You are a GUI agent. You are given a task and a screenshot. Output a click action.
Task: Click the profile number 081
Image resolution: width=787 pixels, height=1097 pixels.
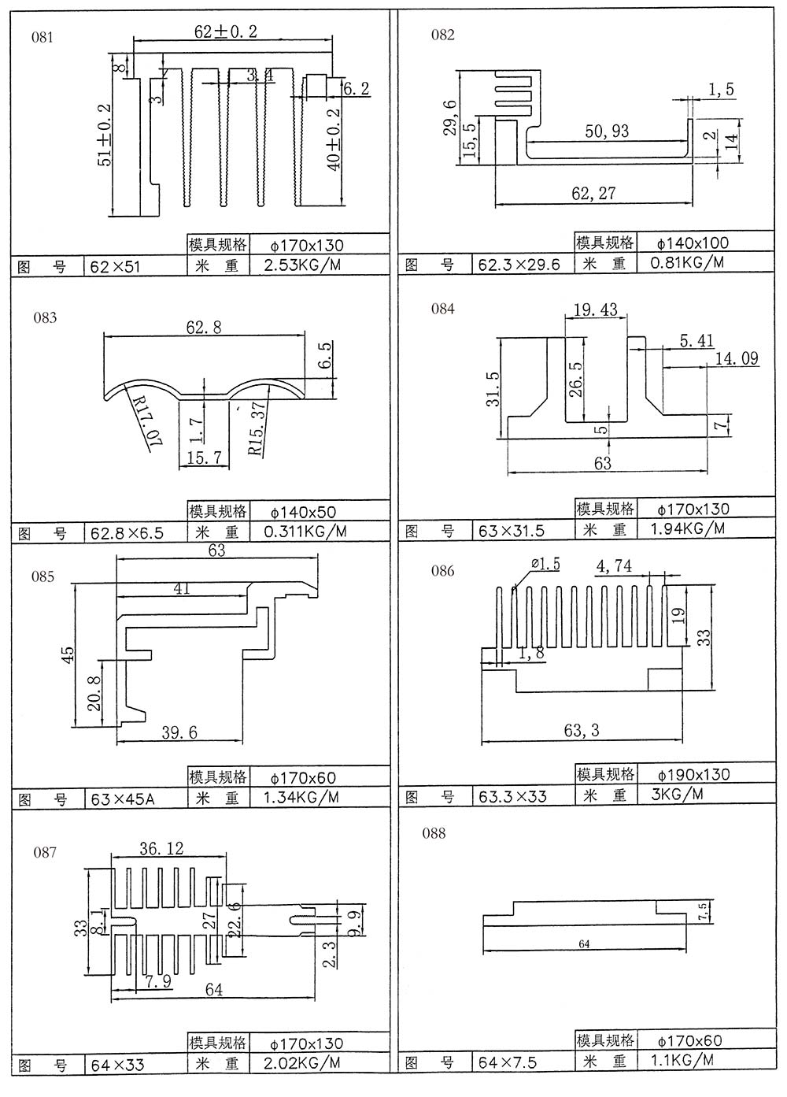(x=42, y=38)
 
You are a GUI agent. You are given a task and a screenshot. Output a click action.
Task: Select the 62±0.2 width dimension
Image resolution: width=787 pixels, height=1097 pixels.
(x=226, y=32)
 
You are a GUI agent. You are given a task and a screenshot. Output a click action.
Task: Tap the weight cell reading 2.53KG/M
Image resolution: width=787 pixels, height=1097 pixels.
(x=303, y=265)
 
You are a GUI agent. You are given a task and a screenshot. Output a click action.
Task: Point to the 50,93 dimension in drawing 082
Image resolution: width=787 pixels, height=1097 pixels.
(x=607, y=131)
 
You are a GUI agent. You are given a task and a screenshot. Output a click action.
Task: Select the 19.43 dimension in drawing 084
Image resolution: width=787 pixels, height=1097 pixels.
(x=596, y=310)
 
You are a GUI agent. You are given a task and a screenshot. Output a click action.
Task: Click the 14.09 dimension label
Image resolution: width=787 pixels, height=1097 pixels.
(x=737, y=359)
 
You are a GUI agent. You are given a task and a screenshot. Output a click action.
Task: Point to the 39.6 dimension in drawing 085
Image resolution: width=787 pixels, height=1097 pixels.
(x=179, y=732)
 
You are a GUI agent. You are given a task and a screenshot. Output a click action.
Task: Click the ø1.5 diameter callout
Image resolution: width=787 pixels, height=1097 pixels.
(x=545, y=564)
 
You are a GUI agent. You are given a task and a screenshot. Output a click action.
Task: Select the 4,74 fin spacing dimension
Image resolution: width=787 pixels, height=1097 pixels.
(x=614, y=565)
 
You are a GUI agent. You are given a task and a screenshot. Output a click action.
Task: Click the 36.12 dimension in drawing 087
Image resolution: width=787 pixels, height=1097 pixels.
(x=161, y=848)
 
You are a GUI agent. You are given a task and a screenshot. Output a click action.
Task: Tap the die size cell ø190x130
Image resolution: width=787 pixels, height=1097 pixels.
(x=693, y=774)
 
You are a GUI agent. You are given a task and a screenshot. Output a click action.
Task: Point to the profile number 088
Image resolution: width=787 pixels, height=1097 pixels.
(x=434, y=834)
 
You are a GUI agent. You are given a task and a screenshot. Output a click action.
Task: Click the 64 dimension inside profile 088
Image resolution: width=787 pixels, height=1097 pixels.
(x=583, y=943)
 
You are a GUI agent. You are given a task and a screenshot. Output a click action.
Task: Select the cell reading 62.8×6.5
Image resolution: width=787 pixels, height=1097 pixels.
(x=127, y=533)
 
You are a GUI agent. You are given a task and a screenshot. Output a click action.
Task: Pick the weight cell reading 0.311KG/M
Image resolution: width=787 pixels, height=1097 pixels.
(x=305, y=532)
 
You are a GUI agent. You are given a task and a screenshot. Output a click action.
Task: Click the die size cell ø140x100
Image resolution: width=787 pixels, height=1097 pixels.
(x=693, y=243)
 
